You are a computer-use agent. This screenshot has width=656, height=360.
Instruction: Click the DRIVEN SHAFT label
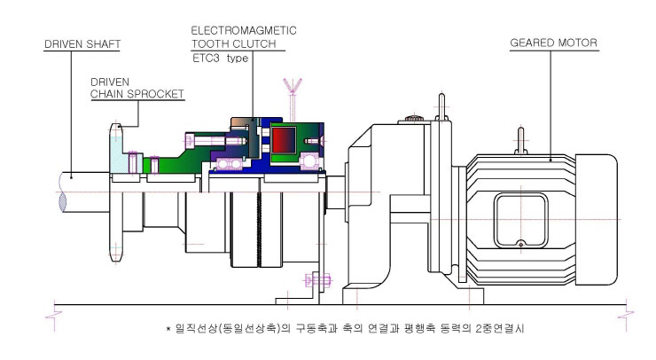click(x=82, y=44)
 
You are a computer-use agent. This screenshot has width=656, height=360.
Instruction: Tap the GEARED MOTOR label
click(x=553, y=43)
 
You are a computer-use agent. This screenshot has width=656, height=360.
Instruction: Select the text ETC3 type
click(x=221, y=59)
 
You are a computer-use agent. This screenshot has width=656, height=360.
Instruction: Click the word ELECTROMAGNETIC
click(x=244, y=30)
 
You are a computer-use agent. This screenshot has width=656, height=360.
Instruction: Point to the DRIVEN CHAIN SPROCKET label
click(x=137, y=88)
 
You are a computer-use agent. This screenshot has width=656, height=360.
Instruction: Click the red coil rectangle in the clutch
click(x=284, y=140)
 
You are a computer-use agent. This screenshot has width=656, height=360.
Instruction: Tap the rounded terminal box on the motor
click(x=521, y=220)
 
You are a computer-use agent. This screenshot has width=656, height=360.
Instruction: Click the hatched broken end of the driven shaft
click(x=63, y=202)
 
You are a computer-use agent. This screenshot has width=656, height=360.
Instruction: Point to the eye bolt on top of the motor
click(x=521, y=141)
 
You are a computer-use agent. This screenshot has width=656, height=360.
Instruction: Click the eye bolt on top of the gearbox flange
click(x=441, y=107)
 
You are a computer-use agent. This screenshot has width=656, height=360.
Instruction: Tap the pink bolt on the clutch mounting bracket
click(x=317, y=279)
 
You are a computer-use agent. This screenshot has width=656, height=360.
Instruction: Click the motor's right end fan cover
click(x=597, y=220)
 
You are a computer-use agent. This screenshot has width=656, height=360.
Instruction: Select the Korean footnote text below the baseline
click(x=345, y=328)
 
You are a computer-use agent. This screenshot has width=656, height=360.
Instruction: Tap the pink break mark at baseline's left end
click(x=54, y=315)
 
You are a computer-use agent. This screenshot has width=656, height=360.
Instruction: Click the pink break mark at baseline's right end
click(x=626, y=315)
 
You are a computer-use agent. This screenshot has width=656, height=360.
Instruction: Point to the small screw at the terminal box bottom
click(x=521, y=243)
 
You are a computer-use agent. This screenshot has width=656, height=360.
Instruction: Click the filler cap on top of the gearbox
click(x=414, y=118)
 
